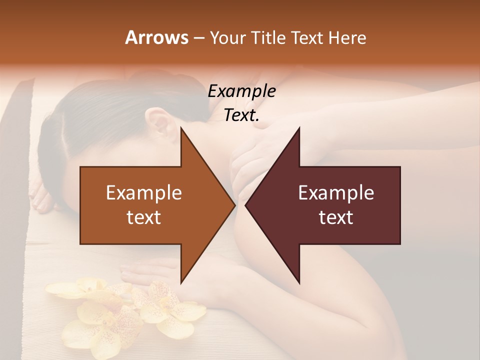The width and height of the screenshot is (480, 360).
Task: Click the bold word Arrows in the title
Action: (156, 37)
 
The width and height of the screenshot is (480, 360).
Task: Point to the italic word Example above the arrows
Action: (241, 91)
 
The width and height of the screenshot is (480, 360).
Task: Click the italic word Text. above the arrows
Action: (241, 115)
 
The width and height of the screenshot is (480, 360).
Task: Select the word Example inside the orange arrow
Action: (143, 193)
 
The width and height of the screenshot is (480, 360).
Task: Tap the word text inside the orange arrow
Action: (143, 217)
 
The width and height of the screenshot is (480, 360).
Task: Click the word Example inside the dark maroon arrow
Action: (336, 193)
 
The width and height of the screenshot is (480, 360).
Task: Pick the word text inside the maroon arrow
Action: (336, 217)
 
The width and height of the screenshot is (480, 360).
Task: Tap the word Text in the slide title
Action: (308, 37)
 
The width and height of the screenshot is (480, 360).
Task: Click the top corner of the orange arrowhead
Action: (181, 129)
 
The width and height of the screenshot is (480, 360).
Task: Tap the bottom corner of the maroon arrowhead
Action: (299, 282)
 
